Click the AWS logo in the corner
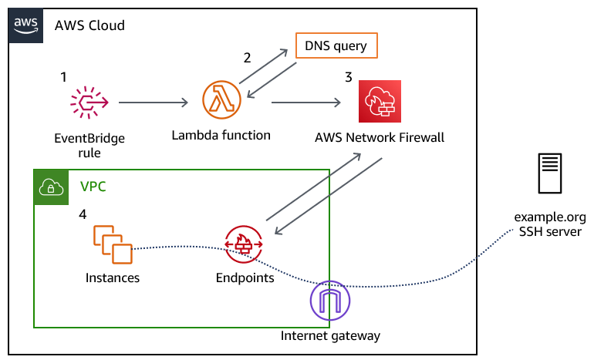click(x=26, y=25)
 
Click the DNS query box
click(x=337, y=46)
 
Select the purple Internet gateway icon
click(x=329, y=301)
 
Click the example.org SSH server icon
click(x=550, y=174)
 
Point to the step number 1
click(x=64, y=78)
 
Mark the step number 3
click(x=349, y=78)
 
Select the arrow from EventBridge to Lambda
click(x=154, y=102)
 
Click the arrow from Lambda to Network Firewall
click(x=306, y=102)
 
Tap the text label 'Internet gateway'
click(x=330, y=336)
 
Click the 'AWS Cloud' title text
click(x=89, y=25)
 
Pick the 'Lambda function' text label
click(x=221, y=135)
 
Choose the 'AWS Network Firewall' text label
click(x=380, y=138)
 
